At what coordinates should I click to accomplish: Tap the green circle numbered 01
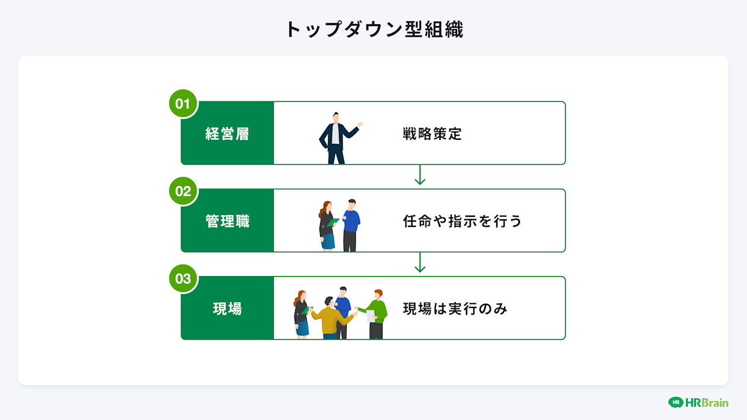(x=183, y=104)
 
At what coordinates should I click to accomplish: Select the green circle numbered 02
(x=183, y=191)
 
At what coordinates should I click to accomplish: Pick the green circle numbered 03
(x=183, y=278)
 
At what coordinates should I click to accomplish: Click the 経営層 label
(x=228, y=134)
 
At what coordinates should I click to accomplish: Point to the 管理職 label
(x=228, y=222)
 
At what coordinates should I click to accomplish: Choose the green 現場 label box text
(x=228, y=309)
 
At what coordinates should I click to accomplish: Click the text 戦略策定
(x=432, y=134)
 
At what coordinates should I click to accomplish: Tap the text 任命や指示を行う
(x=462, y=222)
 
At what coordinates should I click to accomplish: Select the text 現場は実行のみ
(x=455, y=309)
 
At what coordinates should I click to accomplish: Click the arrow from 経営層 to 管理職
(x=420, y=175)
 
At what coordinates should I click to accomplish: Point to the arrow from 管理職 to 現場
(x=420, y=262)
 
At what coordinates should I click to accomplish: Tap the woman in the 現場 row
(x=301, y=314)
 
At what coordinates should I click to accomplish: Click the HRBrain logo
(x=698, y=402)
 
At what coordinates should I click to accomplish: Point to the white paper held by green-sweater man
(x=371, y=316)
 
